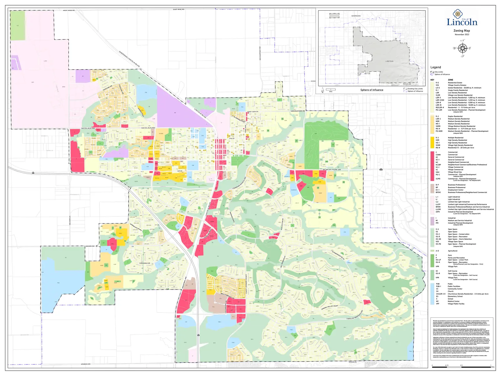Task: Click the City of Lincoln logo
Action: pos(462,19)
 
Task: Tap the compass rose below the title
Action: pos(462,48)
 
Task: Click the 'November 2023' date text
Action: pos(462,34)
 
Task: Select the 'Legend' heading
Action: pos(436,67)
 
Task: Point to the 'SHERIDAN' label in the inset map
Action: pos(356,16)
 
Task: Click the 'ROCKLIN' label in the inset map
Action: pos(407,84)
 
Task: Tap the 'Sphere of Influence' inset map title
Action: pos(372,90)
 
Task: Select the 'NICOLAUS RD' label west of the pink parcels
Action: pos(88,128)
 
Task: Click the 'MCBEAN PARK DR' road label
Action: pos(332,170)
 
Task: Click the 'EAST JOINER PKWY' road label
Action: pos(246,284)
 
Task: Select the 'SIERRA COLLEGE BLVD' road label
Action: pos(394,222)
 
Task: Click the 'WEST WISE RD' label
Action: pos(69,10)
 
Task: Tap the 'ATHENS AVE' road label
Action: pos(85,364)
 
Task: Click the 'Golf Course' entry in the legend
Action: pos(452,271)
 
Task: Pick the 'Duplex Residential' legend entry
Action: pos(455,116)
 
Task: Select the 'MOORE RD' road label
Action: pos(90,246)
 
